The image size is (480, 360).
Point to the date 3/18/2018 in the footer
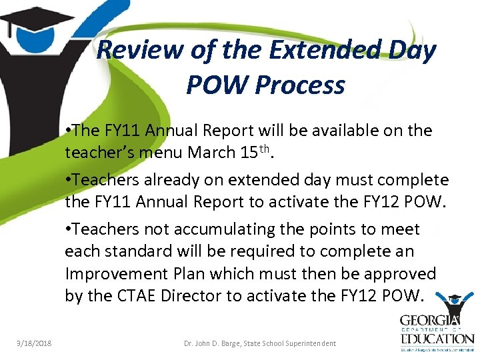coord(34,343)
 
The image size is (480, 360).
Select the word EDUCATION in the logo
coord(436,339)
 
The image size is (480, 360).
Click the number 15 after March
coord(245,153)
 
